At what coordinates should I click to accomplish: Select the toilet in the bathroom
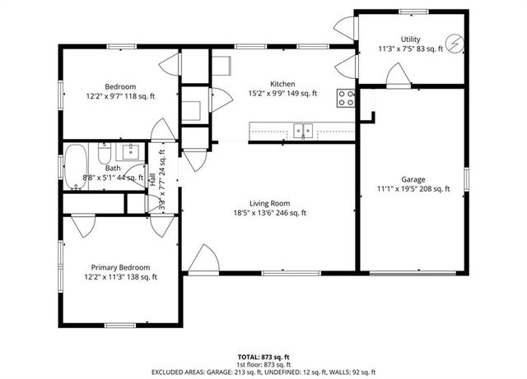coord(105,155)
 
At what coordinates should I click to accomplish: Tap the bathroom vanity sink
coord(130,151)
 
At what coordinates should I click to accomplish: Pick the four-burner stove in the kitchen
coord(346,99)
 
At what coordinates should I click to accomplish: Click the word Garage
coord(413,178)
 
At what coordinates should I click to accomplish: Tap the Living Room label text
coord(269,202)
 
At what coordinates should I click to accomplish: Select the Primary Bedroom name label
coord(120,267)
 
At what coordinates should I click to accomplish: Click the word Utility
coord(410,39)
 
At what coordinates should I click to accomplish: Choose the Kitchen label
coord(282,84)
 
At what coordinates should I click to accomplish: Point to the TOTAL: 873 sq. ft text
coord(263,357)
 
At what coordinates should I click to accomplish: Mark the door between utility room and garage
coord(399,77)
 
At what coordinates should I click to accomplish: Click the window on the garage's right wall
coord(465,178)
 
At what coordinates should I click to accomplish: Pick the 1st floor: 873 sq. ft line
coord(263,365)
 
